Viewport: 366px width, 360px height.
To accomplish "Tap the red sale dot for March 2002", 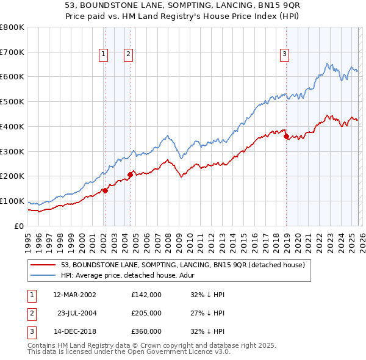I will (x=105, y=190).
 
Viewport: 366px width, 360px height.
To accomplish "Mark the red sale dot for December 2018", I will (x=286, y=137).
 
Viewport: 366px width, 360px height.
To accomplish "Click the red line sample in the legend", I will (x=44, y=265).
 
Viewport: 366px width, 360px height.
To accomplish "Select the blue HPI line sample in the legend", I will (x=44, y=275).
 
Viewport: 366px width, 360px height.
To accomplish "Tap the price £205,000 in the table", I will (x=146, y=313).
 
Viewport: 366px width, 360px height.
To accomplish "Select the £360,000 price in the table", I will (x=146, y=331).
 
